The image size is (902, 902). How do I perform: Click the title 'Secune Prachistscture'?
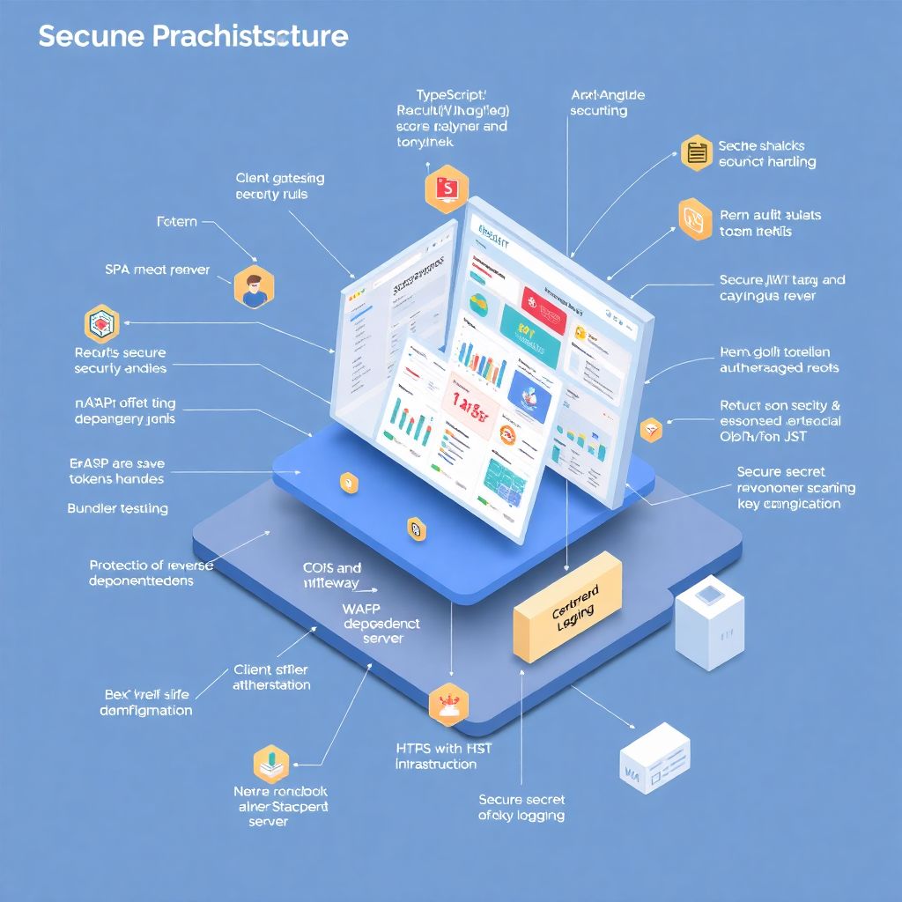pyautogui.click(x=193, y=37)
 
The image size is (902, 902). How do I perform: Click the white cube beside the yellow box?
pyautogui.click(x=709, y=623)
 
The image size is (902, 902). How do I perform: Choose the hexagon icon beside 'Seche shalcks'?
pyautogui.click(x=697, y=153)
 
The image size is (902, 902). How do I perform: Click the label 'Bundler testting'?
pyautogui.click(x=117, y=508)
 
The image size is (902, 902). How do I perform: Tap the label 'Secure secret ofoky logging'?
pyautogui.click(x=521, y=807)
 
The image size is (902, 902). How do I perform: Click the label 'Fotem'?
pyautogui.click(x=176, y=222)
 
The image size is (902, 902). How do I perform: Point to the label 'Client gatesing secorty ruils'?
pyautogui.click(x=280, y=186)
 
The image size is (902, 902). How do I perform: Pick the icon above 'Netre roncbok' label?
pyautogui.click(x=271, y=763)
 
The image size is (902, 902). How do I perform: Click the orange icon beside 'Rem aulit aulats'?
pyautogui.click(x=696, y=220)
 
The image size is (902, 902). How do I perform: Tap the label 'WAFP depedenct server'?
pyautogui.click(x=382, y=623)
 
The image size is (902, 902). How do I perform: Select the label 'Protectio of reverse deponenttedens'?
pyautogui.click(x=151, y=573)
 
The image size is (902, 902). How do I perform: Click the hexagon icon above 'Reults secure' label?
pyautogui.click(x=101, y=324)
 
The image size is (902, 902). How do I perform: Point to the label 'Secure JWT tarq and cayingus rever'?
pyautogui.click(x=781, y=288)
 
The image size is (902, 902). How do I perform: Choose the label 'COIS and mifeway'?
pyautogui.click(x=331, y=575)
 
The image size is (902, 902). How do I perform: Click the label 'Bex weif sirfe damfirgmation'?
pyautogui.click(x=146, y=702)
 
